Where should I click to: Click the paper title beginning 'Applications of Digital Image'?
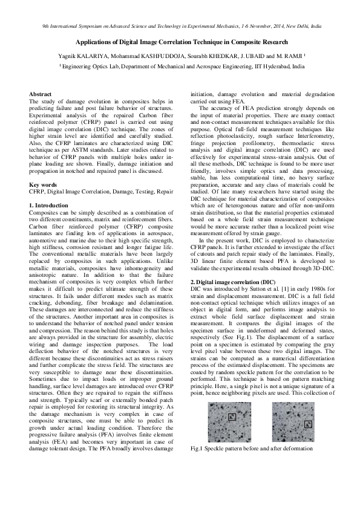[x=180, y=43]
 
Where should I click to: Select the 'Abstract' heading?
[x=41, y=94]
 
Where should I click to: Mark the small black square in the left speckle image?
[x=232, y=415]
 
